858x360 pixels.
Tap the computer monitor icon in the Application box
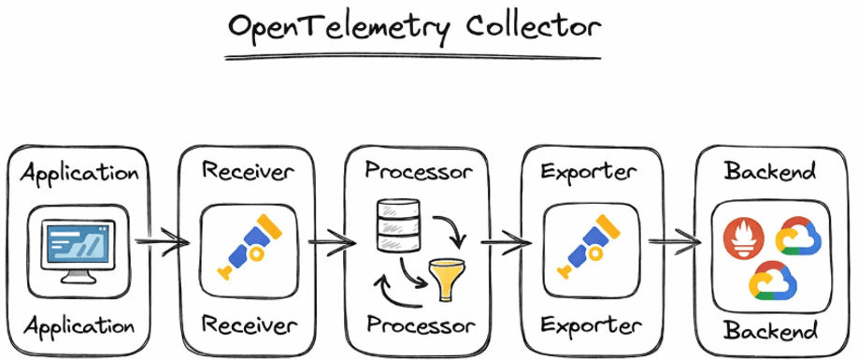pos(78,247)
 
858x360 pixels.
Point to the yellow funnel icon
pos(445,278)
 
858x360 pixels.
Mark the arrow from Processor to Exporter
pos(506,246)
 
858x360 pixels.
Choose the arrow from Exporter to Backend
pos(675,246)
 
